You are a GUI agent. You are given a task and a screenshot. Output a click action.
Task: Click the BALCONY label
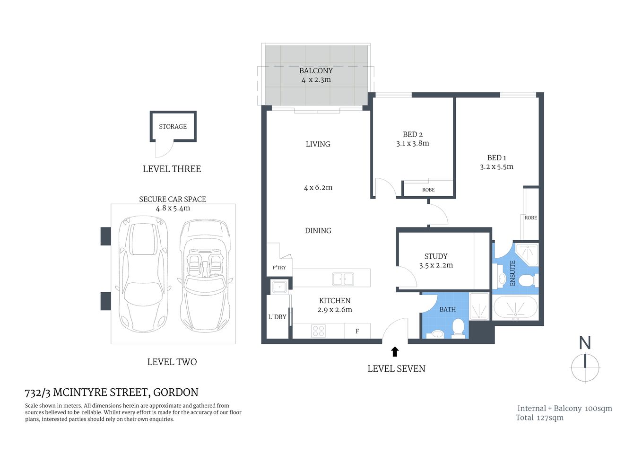316,70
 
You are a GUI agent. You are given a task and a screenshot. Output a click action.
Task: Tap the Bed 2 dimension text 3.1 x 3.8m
412,143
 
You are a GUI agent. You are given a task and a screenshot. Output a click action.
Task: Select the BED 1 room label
496,157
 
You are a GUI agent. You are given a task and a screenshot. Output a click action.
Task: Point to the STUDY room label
435,256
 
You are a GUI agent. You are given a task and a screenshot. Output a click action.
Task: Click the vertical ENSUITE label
512,273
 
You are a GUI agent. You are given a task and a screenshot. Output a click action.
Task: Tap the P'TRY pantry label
279,268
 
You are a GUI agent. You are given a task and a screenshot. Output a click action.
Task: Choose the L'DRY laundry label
277,317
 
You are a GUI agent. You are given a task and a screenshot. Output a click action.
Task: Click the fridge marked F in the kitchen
357,331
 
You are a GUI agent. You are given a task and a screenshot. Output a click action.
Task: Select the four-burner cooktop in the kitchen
318,331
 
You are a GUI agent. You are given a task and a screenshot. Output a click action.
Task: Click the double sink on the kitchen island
343,279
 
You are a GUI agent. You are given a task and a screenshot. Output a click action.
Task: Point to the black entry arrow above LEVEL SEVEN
395,351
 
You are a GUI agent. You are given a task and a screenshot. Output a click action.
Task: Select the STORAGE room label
173,126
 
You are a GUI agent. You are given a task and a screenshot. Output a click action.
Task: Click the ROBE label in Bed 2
428,190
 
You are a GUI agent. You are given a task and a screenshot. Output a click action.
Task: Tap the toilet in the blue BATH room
458,328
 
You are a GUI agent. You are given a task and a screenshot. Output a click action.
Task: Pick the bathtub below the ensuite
515,308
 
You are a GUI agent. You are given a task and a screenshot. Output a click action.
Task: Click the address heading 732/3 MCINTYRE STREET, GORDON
112,392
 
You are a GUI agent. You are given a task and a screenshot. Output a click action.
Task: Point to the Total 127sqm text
539,418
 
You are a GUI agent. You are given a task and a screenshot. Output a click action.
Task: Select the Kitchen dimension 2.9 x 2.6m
335,310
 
